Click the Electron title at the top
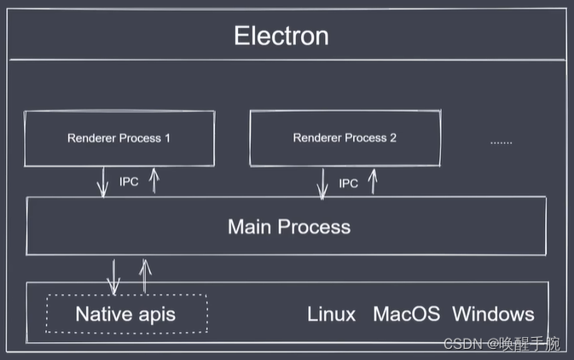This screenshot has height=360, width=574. point(281,37)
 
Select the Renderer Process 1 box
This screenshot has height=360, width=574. point(119,137)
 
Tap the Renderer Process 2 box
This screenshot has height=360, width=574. point(345,137)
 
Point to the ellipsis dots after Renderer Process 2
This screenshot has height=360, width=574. point(501,141)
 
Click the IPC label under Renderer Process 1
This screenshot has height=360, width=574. point(129,182)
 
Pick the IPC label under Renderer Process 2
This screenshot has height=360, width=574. point(348,183)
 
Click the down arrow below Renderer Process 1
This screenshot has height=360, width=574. point(103,183)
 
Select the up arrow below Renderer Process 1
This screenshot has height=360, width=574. point(154,180)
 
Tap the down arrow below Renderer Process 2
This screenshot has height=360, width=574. point(322,183)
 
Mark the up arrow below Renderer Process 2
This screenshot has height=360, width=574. point(372,181)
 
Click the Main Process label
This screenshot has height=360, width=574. point(289,227)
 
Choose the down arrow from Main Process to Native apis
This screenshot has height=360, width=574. point(113,275)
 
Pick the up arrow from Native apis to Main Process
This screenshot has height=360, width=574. point(145,275)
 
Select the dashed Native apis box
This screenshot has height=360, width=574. point(126,314)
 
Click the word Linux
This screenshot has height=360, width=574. point(331,314)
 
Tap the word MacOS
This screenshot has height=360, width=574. point(406,314)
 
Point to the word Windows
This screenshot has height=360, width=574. point(493,314)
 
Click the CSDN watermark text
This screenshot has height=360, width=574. point(501,344)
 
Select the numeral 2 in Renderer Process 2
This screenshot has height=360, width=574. point(392,137)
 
